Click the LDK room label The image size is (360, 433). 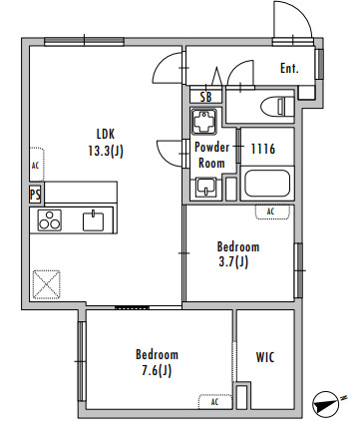click(x=106, y=134)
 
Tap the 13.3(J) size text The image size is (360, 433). click(x=106, y=151)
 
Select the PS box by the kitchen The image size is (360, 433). click(x=35, y=194)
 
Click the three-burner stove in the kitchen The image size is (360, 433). click(x=50, y=220)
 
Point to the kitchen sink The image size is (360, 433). click(x=93, y=220)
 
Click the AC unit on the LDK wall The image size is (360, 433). click(x=37, y=165)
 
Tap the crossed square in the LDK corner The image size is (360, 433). click(x=47, y=284)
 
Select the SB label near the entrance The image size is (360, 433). click(x=206, y=97)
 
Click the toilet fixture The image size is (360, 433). click(x=277, y=107)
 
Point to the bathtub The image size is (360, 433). click(x=267, y=184)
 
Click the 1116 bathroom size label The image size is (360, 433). click(x=263, y=149)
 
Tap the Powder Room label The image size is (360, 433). click(x=211, y=156)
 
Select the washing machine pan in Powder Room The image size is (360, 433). click(x=203, y=122)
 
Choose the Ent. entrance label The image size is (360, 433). click(x=289, y=69)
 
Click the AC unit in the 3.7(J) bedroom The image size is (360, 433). click(x=272, y=212)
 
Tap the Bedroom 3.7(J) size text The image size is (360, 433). click(x=233, y=262)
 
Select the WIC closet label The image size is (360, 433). click(x=265, y=357)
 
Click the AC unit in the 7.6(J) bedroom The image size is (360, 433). click(x=215, y=401)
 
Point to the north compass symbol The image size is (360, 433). click(x=327, y=403)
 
